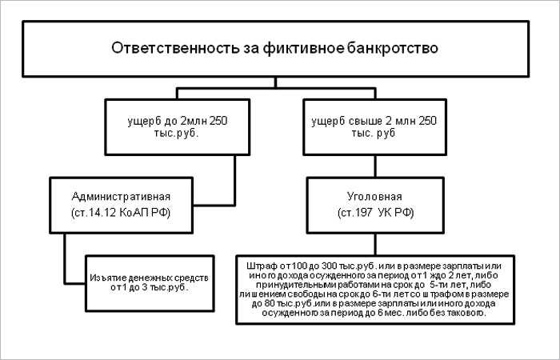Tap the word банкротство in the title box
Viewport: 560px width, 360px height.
[392, 49]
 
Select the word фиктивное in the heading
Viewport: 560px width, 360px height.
[303, 49]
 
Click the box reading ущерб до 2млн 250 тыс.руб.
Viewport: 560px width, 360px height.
[177, 127]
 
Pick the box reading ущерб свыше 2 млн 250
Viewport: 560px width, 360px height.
[374, 127]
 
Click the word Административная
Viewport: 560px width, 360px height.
[121, 197]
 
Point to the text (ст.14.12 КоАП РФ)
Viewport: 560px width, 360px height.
[121, 213]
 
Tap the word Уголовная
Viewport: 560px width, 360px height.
[374, 197]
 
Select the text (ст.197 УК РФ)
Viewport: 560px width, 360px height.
[375, 213]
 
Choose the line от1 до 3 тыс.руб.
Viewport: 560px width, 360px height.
[150, 287]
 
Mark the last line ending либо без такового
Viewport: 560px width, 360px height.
[374, 313]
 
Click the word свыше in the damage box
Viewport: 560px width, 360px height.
[364, 121]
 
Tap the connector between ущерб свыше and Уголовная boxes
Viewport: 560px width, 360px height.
[374, 166]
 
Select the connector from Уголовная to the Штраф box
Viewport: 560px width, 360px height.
[375, 244]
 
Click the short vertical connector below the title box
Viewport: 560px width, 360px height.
[275, 82]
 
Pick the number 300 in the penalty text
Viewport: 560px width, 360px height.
[330, 266]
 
